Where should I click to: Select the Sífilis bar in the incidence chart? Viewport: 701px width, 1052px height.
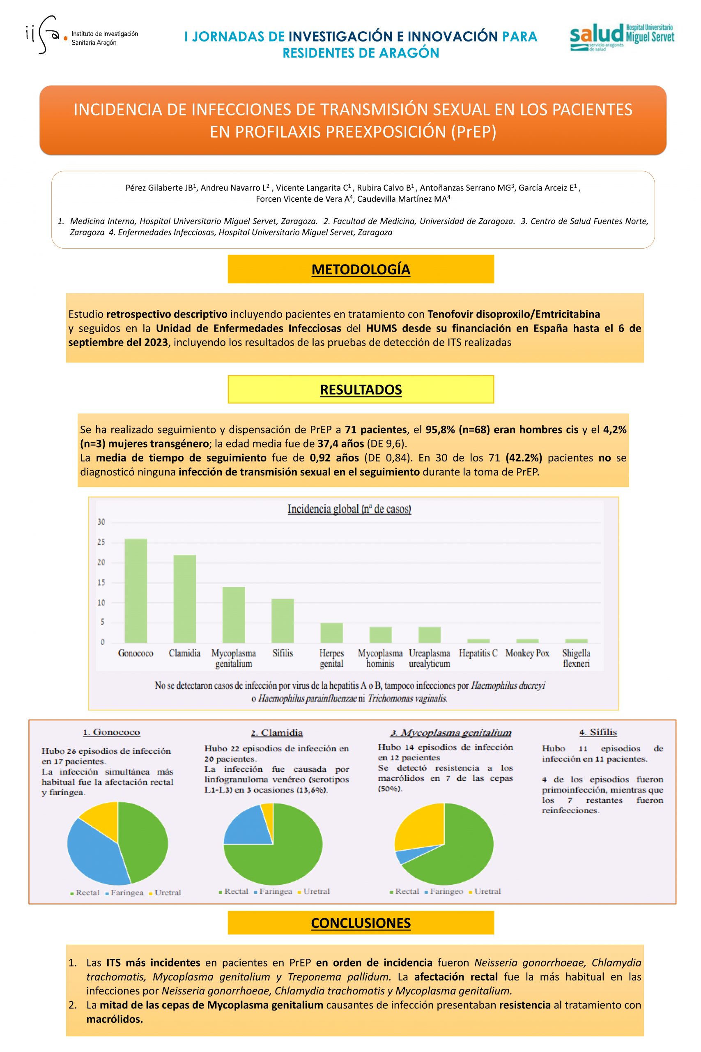[x=283, y=621]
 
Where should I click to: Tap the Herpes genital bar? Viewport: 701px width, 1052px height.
[x=331, y=632]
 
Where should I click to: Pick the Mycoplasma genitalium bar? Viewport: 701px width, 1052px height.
[x=233, y=615]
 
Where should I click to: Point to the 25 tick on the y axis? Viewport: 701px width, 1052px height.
[x=101, y=542]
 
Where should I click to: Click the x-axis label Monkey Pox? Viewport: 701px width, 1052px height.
[x=527, y=653]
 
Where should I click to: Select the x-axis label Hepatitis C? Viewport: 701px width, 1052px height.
[x=478, y=653]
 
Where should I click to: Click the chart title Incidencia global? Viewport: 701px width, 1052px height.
[x=349, y=509]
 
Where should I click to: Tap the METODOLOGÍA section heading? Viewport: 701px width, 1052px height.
[x=361, y=269]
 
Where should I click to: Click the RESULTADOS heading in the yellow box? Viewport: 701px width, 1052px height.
[x=361, y=390]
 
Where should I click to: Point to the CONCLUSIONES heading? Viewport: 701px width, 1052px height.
[x=361, y=921]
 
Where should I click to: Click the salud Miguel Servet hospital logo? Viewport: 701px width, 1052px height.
[x=621, y=37]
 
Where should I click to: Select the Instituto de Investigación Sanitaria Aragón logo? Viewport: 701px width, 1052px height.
[x=82, y=36]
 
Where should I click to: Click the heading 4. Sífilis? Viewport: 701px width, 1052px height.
[x=598, y=733]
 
